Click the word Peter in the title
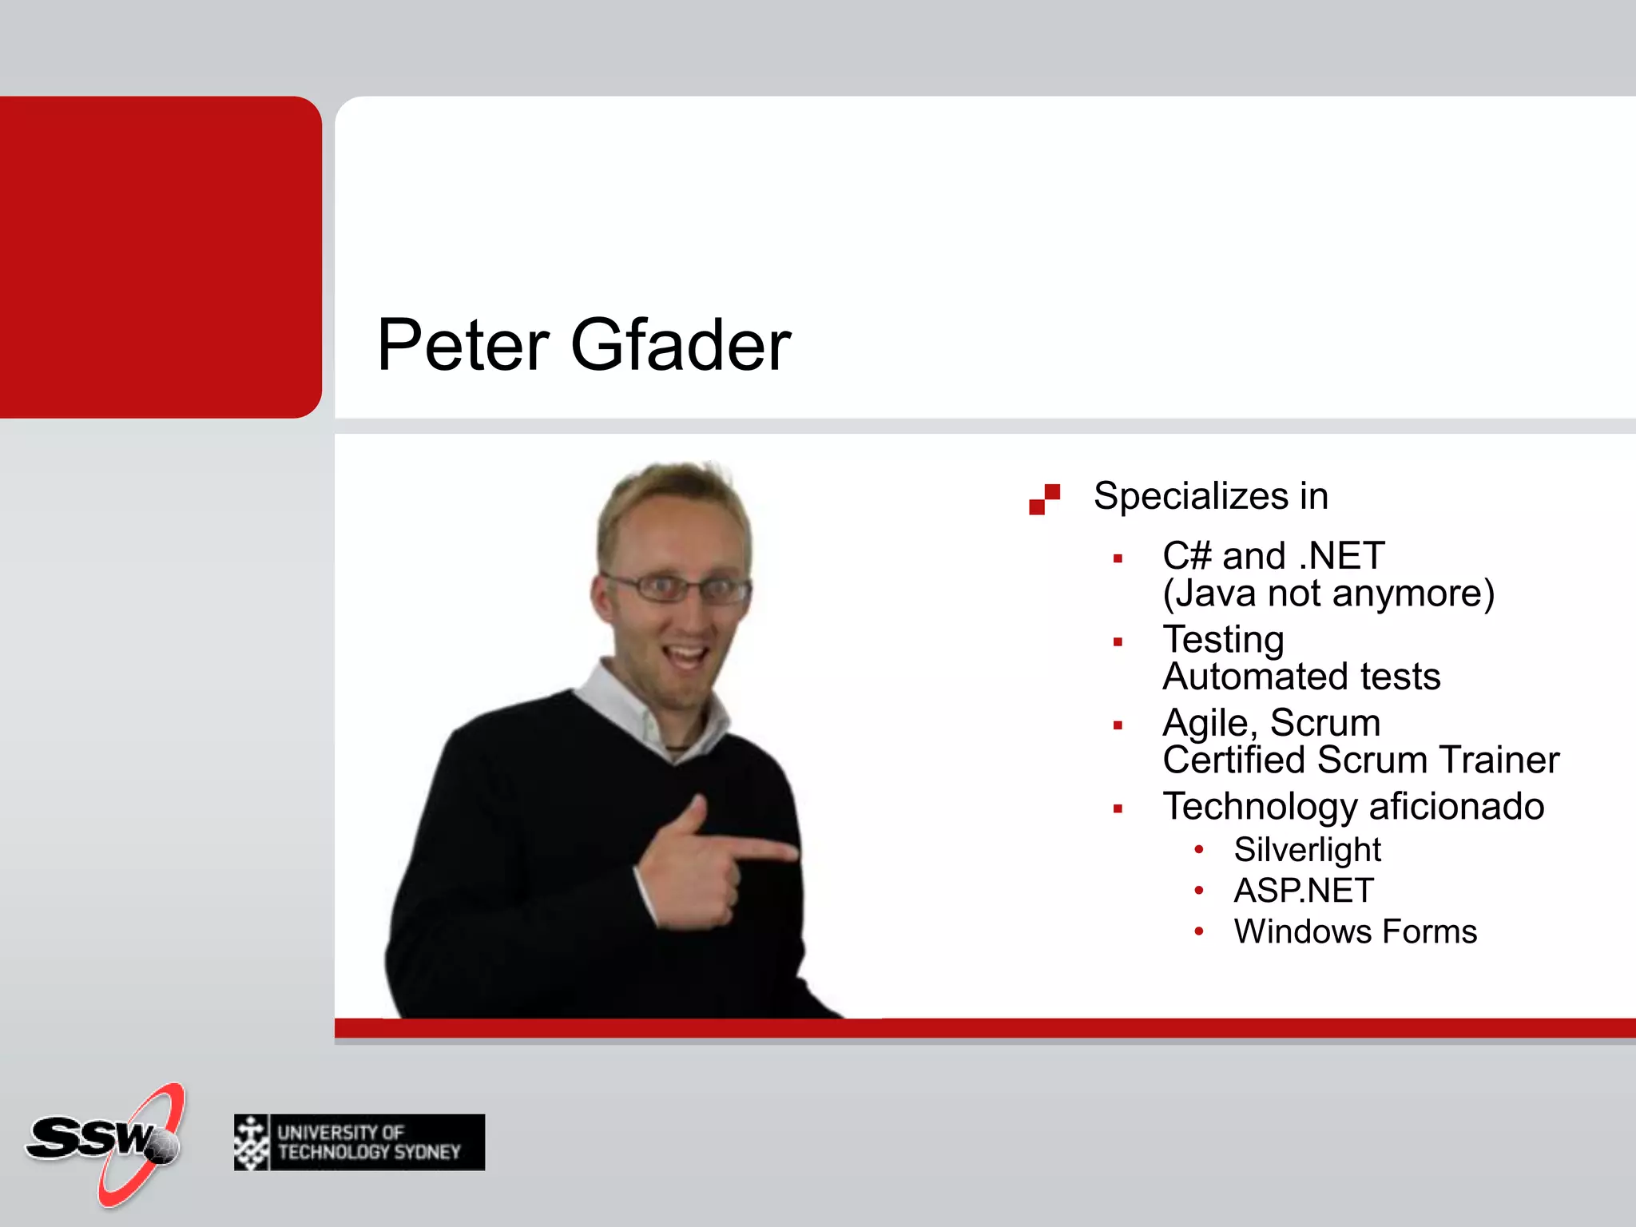pyautogui.click(x=463, y=345)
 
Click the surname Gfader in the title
pyautogui.click(x=680, y=345)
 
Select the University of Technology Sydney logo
pyautogui.click(x=359, y=1142)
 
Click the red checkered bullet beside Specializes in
pyautogui.click(x=1044, y=499)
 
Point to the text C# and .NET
pyautogui.click(x=1273, y=556)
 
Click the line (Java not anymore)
pyautogui.click(x=1328, y=594)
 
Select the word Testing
pyautogui.click(x=1223, y=639)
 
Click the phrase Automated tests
pyautogui.click(x=1301, y=677)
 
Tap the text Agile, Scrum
pyautogui.click(x=1271, y=723)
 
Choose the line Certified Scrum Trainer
pyautogui.click(x=1360, y=760)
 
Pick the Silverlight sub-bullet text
pyautogui.click(x=1307, y=850)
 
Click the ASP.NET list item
pyautogui.click(x=1304, y=891)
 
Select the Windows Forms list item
pyautogui.click(x=1355, y=932)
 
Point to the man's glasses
pyautogui.click(x=677, y=589)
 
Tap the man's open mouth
pyautogui.click(x=687, y=657)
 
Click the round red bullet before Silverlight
pyautogui.click(x=1198, y=850)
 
